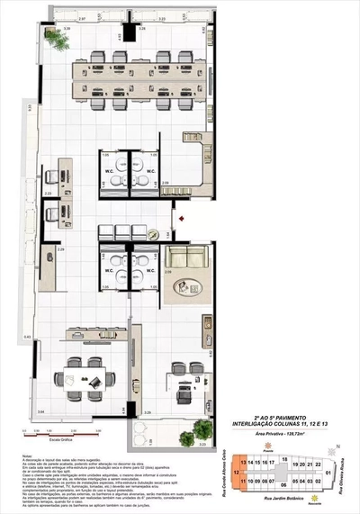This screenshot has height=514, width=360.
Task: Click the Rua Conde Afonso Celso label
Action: (x=219, y=471)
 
